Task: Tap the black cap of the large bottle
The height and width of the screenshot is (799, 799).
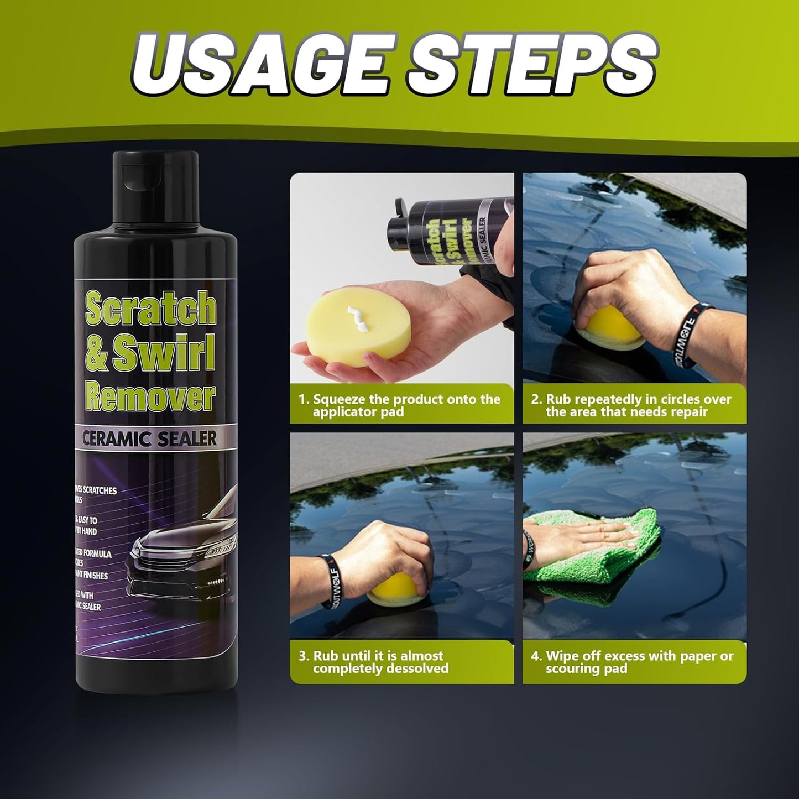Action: (156, 188)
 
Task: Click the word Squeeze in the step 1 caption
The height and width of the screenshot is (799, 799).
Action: (338, 399)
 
